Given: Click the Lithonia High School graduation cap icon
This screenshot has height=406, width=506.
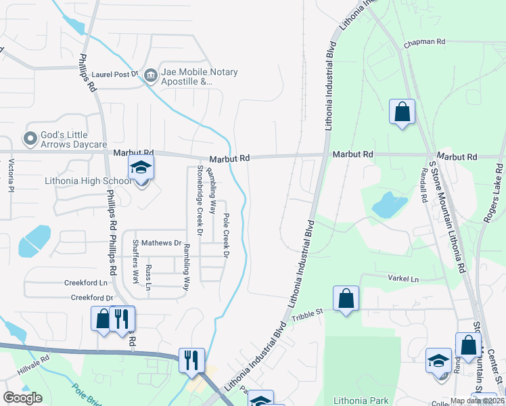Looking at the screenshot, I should (141, 168).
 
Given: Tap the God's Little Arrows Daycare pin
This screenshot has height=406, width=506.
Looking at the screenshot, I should (30, 139).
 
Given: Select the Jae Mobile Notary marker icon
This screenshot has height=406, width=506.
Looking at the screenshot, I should (150, 75).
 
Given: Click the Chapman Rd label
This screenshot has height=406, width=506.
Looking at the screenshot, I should (425, 42).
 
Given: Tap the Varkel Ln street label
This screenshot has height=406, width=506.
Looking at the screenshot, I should (403, 279).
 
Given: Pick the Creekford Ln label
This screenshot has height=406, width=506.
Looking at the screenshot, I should (86, 282).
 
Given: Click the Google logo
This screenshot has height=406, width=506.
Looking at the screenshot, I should (22, 398).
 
